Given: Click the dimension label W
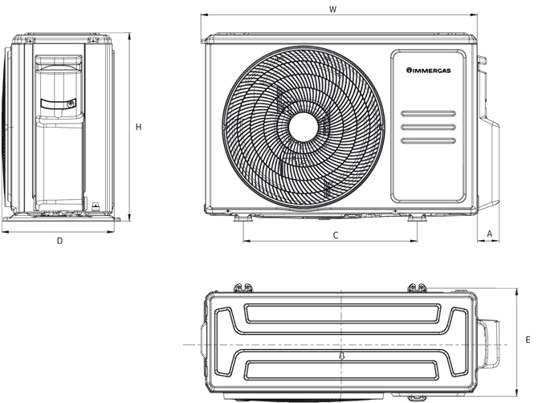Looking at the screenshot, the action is [x=332, y=10].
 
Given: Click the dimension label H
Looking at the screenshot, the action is [x=138, y=127].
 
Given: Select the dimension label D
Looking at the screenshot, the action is [x=59, y=241].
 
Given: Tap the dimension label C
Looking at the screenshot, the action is [x=336, y=235].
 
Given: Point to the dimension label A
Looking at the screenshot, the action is [x=490, y=234].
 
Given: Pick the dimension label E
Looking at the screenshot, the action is [x=528, y=340].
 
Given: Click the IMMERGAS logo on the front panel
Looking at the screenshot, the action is [x=429, y=71].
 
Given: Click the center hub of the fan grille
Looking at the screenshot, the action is [x=304, y=127].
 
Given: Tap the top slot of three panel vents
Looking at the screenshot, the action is [x=429, y=113].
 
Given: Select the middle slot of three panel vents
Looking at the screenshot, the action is [x=429, y=127].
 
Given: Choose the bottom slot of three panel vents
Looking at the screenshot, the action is [x=429, y=140].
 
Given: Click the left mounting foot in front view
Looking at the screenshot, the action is [x=243, y=218].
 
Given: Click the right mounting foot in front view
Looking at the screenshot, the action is [x=417, y=218].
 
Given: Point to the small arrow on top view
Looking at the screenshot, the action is [x=341, y=356].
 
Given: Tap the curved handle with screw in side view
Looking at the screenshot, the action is [x=59, y=104].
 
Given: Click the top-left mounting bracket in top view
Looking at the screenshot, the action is [x=243, y=287].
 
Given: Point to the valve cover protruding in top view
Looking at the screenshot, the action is [x=488, y=344].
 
